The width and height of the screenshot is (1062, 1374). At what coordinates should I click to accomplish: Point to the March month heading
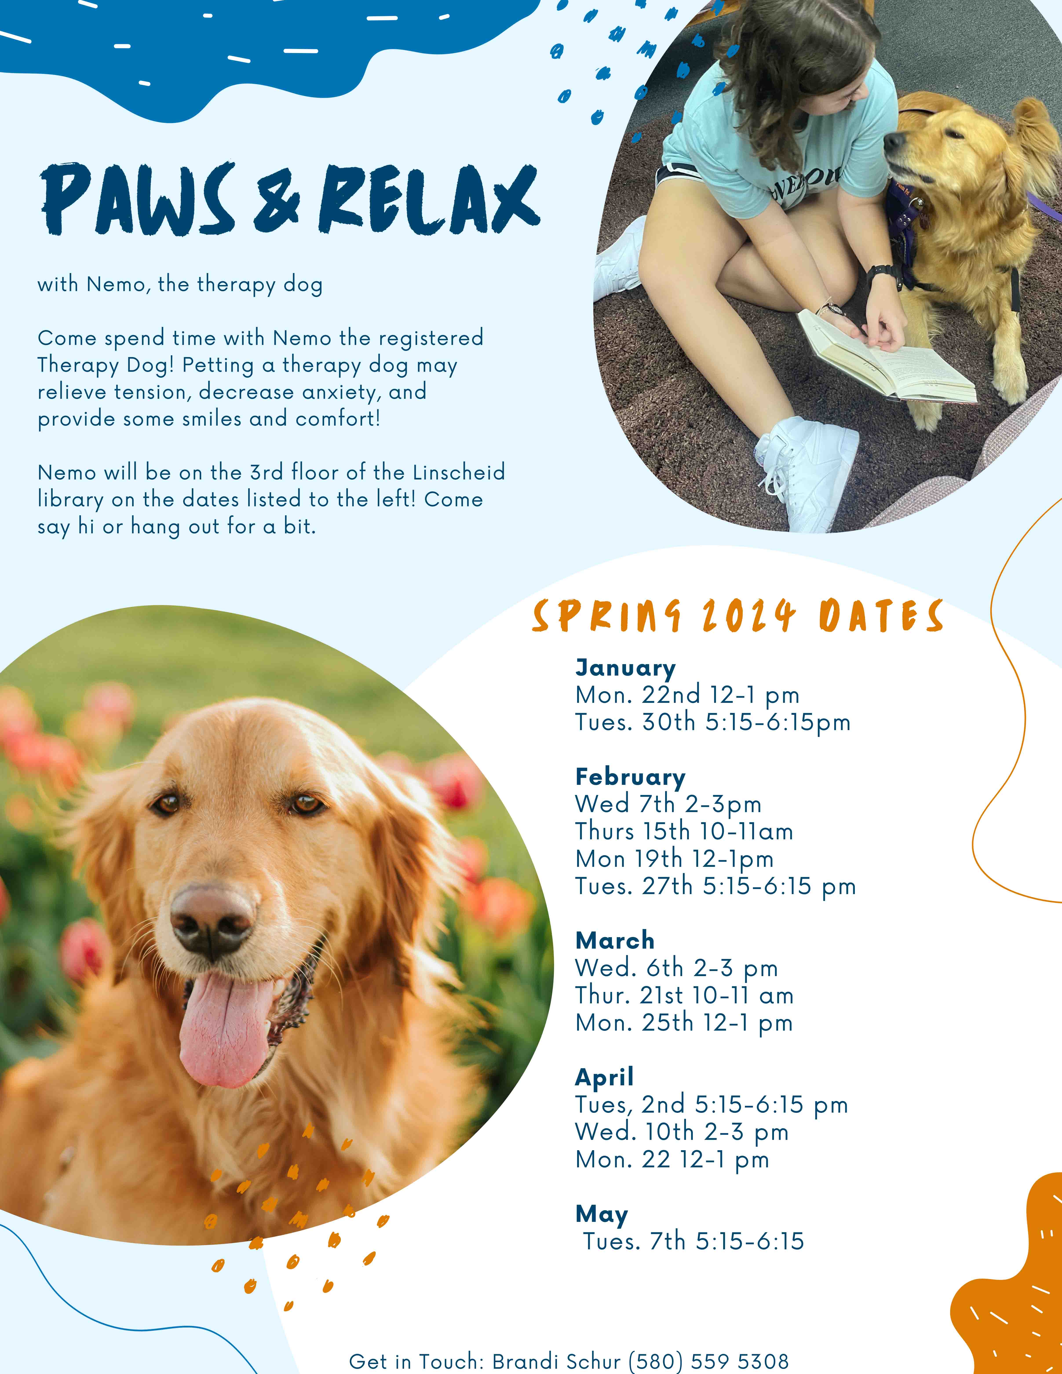point(615,940)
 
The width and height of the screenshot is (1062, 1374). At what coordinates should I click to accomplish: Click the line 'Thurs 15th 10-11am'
point(684,832)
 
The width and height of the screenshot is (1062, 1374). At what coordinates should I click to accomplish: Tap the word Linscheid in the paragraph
point(459,472)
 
